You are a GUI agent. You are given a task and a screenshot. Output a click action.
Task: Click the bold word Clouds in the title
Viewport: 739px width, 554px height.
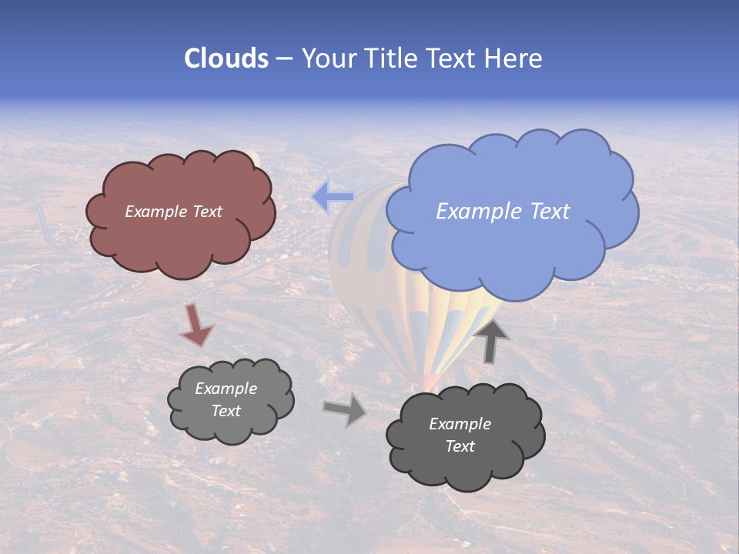click(226, 58)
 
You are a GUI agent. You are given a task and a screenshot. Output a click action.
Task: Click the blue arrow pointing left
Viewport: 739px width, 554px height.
click(333, 198)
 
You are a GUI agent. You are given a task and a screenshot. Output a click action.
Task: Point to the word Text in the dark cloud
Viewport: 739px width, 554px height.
click(460, 446)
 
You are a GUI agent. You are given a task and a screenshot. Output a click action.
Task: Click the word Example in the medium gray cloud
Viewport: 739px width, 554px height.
click(226, 389)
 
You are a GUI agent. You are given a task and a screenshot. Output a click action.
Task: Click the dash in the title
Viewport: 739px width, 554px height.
click(283, 58)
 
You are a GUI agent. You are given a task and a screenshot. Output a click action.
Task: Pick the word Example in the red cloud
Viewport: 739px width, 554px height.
click(156, 212)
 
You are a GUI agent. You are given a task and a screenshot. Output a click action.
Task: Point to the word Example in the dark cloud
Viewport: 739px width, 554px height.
click(460, 424)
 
